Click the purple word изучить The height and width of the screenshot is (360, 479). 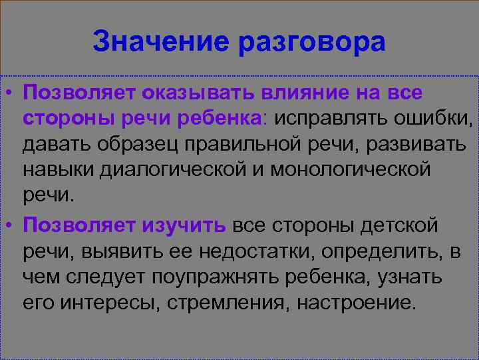pyautogui.click(x=184, y=225)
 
